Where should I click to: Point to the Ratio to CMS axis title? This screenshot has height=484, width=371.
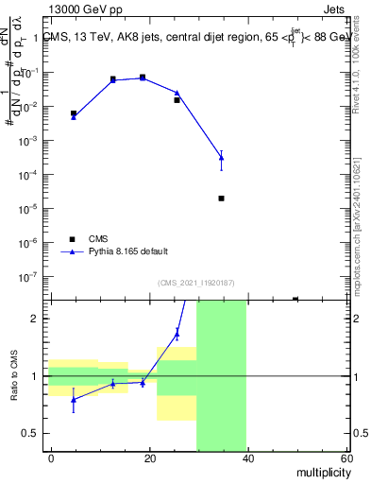click(x=14, y=376)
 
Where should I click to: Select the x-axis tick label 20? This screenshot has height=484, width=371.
click(x=150, y=458)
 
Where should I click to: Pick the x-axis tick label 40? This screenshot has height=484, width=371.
click(x=248, y=458)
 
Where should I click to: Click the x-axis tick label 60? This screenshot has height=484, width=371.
click(x=346, y=458)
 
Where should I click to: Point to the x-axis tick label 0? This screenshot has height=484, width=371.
click(x=52, y=458)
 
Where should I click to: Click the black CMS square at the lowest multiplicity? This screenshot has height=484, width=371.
click(x=74, y=113)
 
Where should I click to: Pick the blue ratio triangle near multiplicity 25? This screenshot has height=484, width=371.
click(x=177, y=333)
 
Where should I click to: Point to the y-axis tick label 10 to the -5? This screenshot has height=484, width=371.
click(x=32, y=209)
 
